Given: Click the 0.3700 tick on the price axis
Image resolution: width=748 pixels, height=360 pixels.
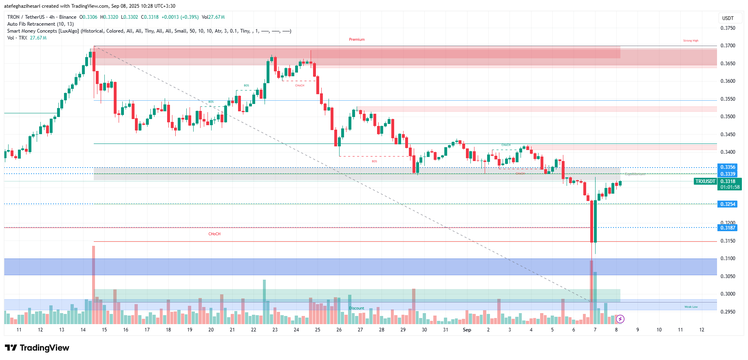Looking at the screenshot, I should pos(728,46).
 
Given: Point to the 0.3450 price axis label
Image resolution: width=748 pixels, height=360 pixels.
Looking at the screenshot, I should pos(728,135).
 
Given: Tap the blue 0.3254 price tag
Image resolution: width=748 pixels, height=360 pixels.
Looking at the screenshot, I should pos(727,204).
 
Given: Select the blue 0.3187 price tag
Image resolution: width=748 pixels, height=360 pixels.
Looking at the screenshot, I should pos(727,228).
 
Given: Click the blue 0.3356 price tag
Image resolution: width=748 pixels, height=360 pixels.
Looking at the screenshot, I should pos(727,167).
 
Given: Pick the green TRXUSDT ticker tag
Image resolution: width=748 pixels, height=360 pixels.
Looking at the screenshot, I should pos(705,181).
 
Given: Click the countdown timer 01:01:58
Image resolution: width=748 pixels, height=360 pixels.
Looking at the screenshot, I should pos(729,188).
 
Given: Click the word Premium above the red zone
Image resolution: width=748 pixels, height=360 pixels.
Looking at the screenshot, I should pos(357,40).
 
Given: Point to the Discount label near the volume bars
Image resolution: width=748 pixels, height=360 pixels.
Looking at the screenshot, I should pos(356,308).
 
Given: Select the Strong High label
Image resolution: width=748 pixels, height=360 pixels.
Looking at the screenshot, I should pos(691,41).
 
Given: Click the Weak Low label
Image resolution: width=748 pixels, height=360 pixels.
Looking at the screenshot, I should pos(691,307).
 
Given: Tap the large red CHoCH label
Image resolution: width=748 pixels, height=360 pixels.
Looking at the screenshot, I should pos(214,234).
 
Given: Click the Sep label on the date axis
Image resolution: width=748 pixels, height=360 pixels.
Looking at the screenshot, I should pos(467,330).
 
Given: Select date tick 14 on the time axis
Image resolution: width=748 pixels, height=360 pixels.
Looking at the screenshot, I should pos(83,330).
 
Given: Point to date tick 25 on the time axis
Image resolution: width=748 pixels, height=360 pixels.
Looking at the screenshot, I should pos(318,330).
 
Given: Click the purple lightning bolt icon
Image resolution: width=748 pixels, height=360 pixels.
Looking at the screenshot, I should pos(620,319).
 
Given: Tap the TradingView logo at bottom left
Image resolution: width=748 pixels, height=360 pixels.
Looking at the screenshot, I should pos(37,348).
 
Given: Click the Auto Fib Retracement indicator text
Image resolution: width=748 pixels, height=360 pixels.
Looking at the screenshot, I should pos(40,24).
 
